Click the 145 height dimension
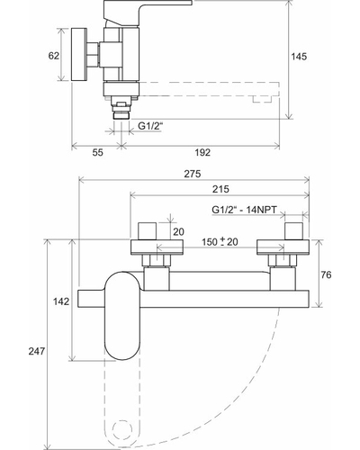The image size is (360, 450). point(299,57)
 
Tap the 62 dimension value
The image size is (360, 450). point(54,56)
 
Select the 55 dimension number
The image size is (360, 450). point(97,152)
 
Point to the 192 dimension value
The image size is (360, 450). point(202,152)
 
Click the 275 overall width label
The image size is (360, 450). point(193,174)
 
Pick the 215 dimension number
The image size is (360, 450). point(220,189)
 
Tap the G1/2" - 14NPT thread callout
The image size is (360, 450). point(244,210)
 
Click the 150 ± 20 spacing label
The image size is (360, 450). point(220,241)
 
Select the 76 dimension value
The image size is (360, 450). point(326,274)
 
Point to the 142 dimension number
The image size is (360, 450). point(61,301)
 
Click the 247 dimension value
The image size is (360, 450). point(37,351)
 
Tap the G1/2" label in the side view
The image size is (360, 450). point(150,126)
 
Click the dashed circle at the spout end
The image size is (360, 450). point(122,429)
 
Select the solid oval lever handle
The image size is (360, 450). point(122,316)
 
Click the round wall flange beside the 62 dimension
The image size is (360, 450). point(79,54)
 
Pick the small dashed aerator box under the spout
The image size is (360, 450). point(262,99)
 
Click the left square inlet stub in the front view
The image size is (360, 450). point(148,231)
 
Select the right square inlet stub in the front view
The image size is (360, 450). point(293,231)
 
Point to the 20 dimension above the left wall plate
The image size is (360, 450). point(178,231)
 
